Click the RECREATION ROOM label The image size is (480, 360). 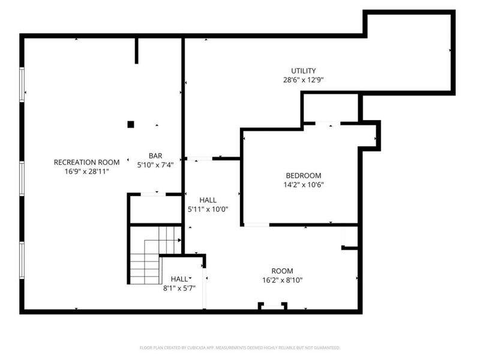click(87, 162)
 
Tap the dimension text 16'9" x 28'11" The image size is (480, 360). click(87, 171)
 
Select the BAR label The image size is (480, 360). click(156, 155)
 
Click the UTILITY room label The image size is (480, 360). click(304, 71)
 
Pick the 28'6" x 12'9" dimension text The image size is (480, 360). click(304, 80)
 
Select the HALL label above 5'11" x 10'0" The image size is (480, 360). click(208, 200)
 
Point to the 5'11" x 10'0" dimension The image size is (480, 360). click(208, 209)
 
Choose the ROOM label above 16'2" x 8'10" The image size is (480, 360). click(281, 271)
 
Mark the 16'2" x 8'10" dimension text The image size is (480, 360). click(281, 280)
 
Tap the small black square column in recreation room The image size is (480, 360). click(130, 125)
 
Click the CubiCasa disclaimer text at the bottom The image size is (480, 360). click(240, 347)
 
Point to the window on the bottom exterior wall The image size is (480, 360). click(272, 307)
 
